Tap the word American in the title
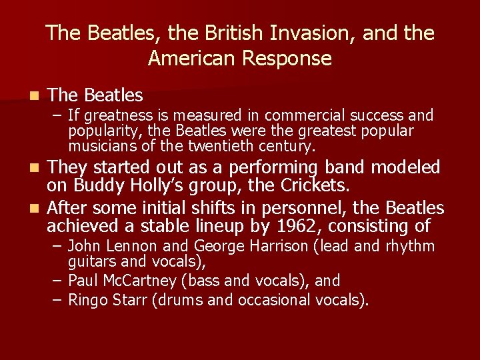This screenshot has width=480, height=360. (x=189, y=59)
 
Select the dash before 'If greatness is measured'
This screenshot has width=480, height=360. (x=57, y=116)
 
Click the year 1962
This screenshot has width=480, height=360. (x=281, y=225)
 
